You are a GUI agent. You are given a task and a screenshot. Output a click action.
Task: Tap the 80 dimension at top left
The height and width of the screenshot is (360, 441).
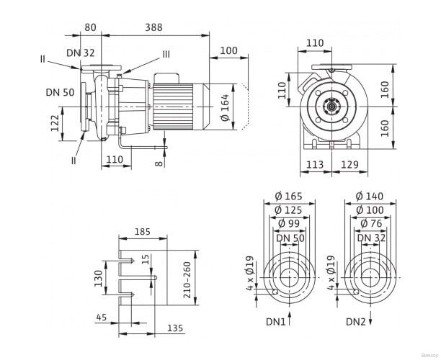point(91,27)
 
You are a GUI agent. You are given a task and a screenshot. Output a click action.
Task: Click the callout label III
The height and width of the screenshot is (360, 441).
point(166,54)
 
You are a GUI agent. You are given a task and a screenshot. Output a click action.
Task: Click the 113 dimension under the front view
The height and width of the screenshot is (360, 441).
point(315,164)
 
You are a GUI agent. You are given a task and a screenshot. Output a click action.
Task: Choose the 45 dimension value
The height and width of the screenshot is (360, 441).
point(101,317)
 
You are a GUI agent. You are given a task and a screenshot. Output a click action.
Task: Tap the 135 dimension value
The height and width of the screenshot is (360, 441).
point(175,328)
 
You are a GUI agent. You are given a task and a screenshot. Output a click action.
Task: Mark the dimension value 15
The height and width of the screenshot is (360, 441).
point(146,258)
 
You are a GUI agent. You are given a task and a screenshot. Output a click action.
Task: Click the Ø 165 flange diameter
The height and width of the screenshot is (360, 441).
point(288,197)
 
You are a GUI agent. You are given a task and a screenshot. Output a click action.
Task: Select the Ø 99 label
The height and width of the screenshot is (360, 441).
point(288,224)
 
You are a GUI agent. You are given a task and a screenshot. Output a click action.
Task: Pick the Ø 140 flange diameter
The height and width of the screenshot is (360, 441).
point(369,197)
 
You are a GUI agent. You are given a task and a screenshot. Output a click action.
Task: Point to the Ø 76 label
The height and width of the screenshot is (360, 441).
point(369,224)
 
